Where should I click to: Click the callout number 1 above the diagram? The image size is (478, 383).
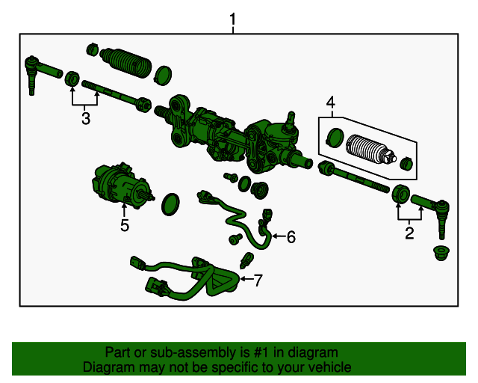[233, 19]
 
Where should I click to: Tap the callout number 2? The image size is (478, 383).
[409, 233]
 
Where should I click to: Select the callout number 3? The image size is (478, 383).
[86, 118]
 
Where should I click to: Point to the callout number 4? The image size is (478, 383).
[330, 102]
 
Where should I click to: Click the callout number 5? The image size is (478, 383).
[125, 225]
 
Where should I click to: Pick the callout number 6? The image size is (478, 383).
[291, 237]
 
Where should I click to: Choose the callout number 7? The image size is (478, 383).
[258, 281]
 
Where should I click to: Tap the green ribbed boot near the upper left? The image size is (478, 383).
[125, 63]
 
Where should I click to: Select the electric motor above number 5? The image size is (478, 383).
[122, 186]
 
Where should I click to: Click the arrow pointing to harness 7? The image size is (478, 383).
[246, 279]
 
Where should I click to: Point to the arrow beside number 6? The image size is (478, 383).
[279, 236]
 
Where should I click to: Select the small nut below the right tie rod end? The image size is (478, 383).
[441, 253]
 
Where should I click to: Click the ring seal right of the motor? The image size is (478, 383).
[170, 204]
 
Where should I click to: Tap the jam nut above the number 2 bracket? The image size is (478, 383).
[401, 193]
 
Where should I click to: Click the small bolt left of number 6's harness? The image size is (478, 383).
[235, 239]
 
